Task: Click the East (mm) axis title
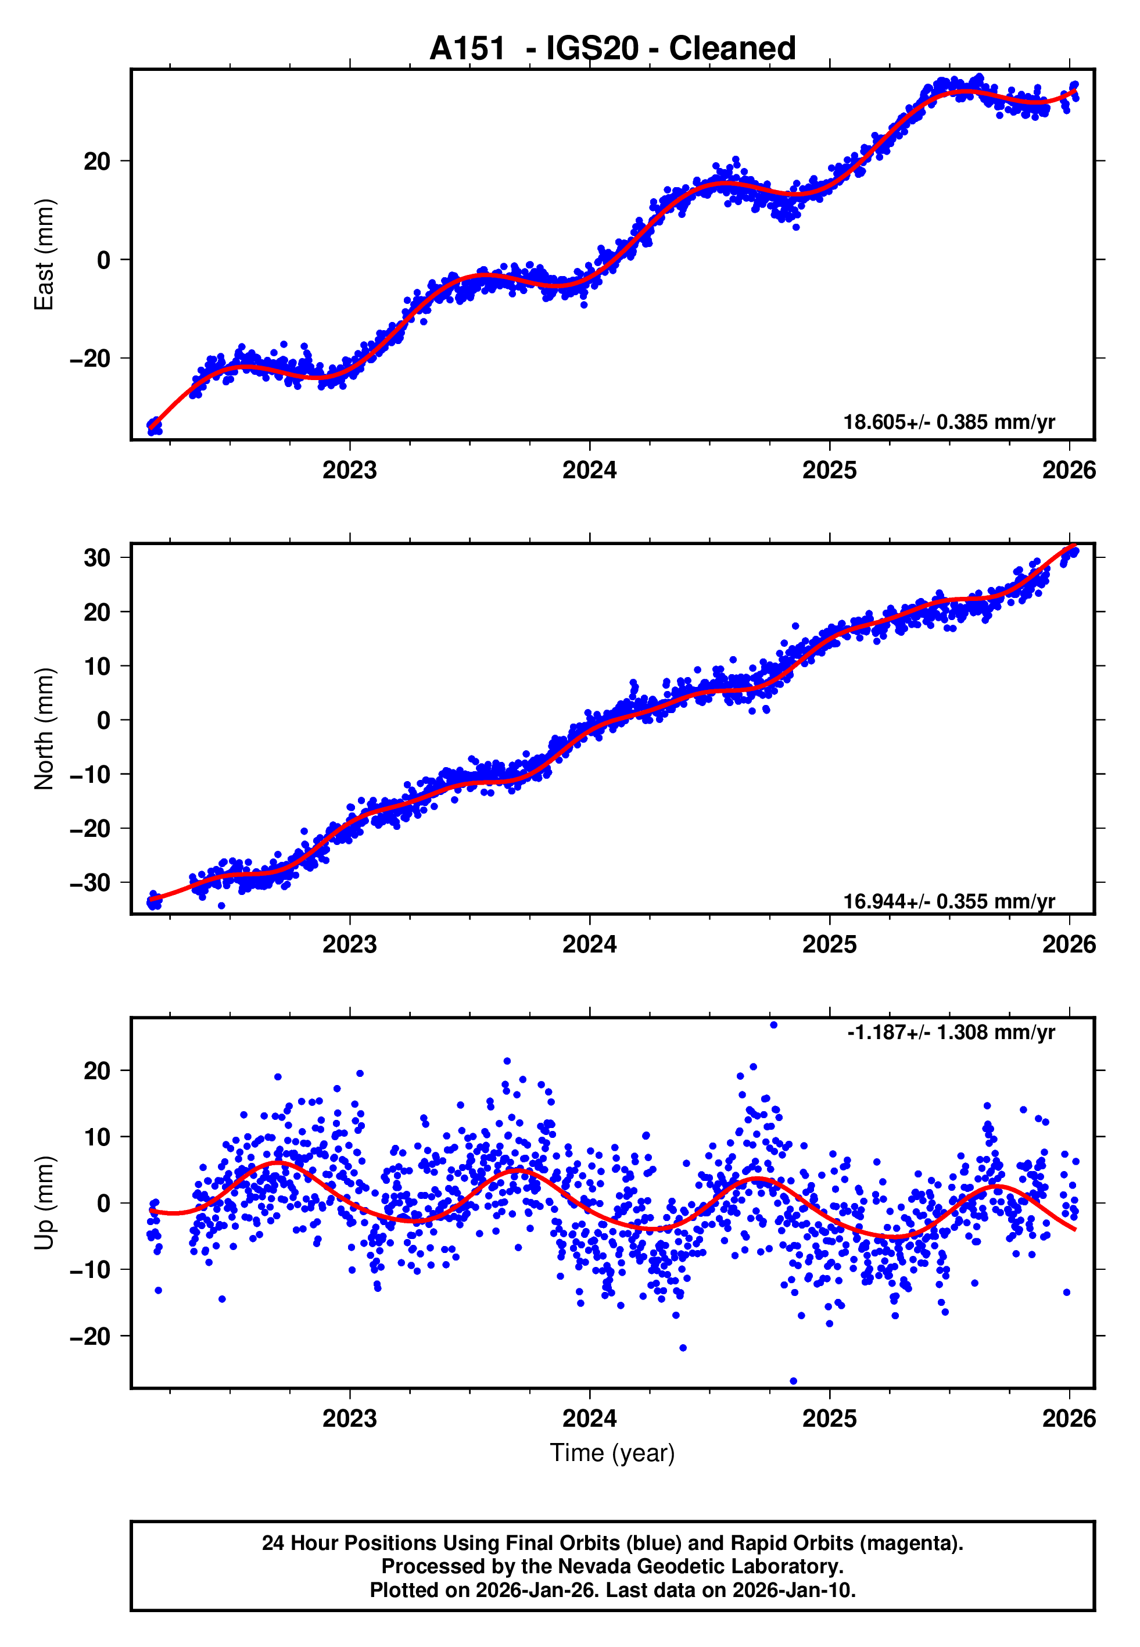point(44,255)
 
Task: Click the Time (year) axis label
point(612,1453)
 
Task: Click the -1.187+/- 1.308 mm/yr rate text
point(951,1033)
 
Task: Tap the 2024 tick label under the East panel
point(589,471)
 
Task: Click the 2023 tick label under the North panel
point(349,945)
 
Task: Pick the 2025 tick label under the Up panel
point(829,1419)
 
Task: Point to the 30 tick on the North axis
point(97,558)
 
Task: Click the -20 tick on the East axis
point(90,359)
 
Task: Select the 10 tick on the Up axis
point(97,1137)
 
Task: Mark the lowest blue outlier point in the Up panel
point(794,1381)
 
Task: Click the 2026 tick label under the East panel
point(1069,471)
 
